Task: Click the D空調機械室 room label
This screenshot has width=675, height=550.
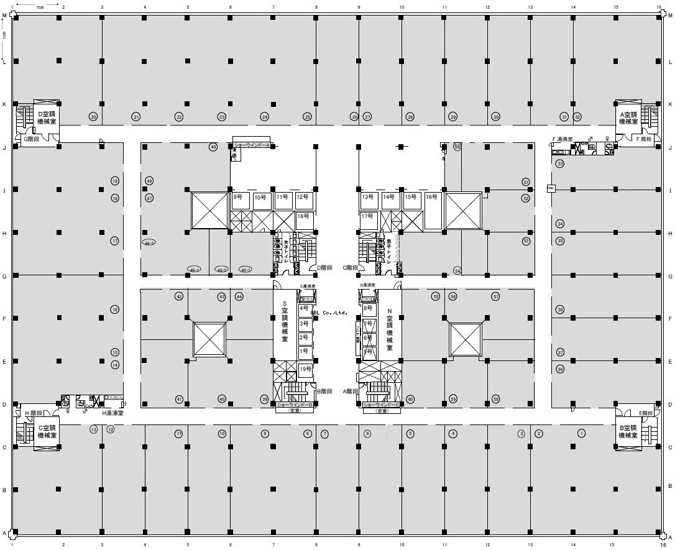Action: tap(47, 118)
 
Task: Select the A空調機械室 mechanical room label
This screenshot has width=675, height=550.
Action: tap(629, 118)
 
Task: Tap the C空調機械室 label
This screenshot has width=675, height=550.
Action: tap(47, 431)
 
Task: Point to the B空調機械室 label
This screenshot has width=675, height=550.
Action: tap(629, 431)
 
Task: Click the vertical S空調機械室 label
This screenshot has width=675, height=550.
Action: tap(285, 323)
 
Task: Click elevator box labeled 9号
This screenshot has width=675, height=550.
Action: tap(238, 197)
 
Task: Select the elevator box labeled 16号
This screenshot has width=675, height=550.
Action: tap(431, 197)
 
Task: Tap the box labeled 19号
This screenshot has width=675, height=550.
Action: tap(305, 369)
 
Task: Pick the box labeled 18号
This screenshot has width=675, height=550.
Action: tap(303, 216)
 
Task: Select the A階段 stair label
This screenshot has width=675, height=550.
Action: tap(351, 392)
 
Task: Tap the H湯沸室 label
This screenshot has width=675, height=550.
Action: tap(112, 413)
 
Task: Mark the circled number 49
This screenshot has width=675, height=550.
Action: tap(213, 147)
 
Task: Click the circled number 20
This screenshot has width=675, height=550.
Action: tap(93, 117)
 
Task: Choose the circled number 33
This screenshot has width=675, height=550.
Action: tap(560, 163)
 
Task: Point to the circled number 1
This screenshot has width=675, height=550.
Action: tap(582, 433)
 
